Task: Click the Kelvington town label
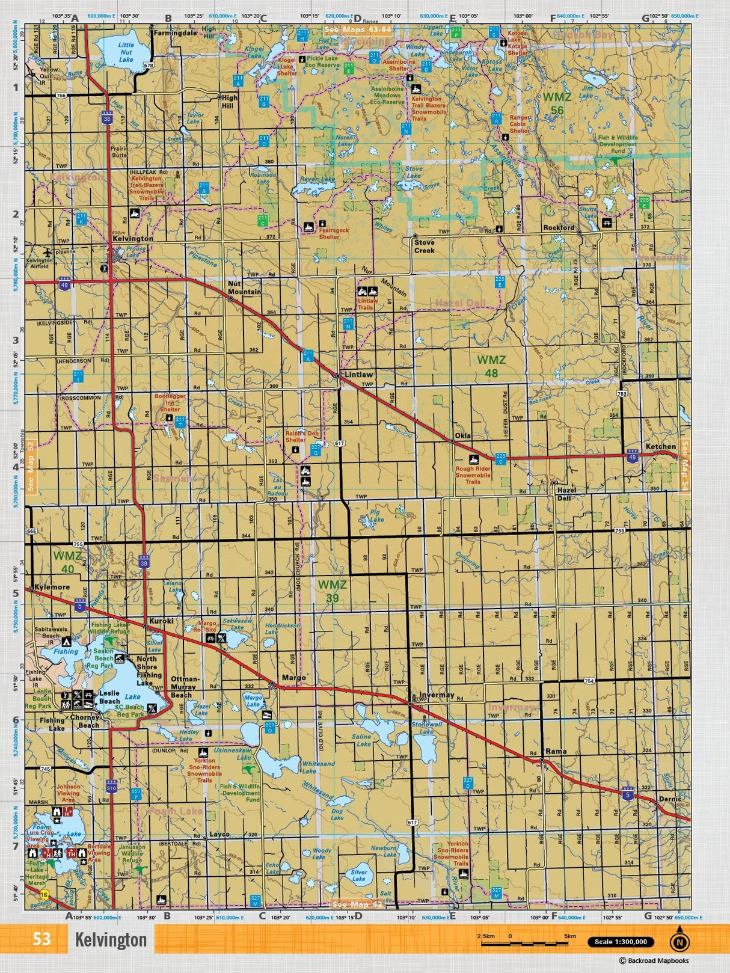(x=133, y=239)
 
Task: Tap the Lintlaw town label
(x=358, y=374)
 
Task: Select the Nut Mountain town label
(x=244, y=287)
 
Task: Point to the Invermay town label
(x=437, y=695)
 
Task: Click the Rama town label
(x=556, y=751)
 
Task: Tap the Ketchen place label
(x=660, y=447)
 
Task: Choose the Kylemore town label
(x=52, y=587)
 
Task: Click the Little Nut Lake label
(x=126, y=52)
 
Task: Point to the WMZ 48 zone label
(x=491, y=366)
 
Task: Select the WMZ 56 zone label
(x=557, y=103)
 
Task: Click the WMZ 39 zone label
(x=332, y=591)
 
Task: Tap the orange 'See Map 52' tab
(x=31, y=467)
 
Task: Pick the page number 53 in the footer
(x=41, y=939)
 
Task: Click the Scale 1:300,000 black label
(x=621, y=942)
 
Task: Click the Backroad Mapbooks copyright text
(x=654, y=961)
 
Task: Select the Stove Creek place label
(x=424, y=247)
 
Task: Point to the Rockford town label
(x=559, y=228)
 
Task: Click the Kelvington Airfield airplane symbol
(x=48, y=252)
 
